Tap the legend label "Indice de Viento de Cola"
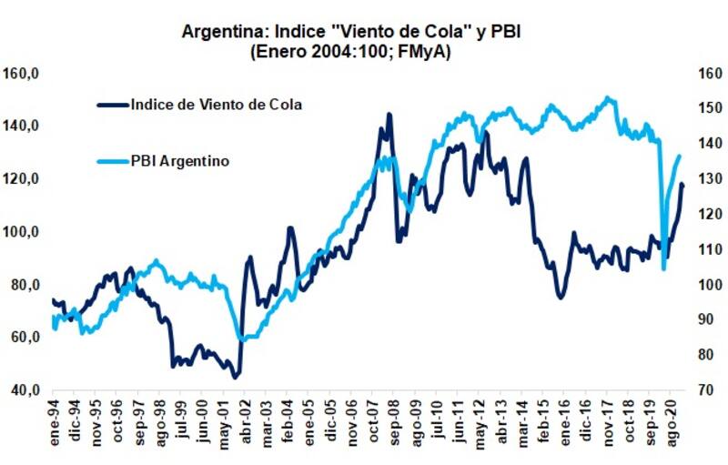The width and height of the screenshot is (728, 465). (216, 104)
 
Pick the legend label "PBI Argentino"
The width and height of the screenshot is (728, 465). (179, 160)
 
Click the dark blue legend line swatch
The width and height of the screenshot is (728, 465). (113, 105)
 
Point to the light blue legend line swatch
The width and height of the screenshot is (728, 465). (113, 161)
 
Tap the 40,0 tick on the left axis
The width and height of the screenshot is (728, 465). (25, 390)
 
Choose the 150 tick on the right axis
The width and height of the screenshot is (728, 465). (705, 109)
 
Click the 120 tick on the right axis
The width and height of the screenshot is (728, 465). (705, 215)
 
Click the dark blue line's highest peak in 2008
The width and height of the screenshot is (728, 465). (389, 115)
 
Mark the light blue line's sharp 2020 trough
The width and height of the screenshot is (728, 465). (663, 268)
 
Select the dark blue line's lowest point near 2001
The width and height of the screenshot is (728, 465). (234, 376)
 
